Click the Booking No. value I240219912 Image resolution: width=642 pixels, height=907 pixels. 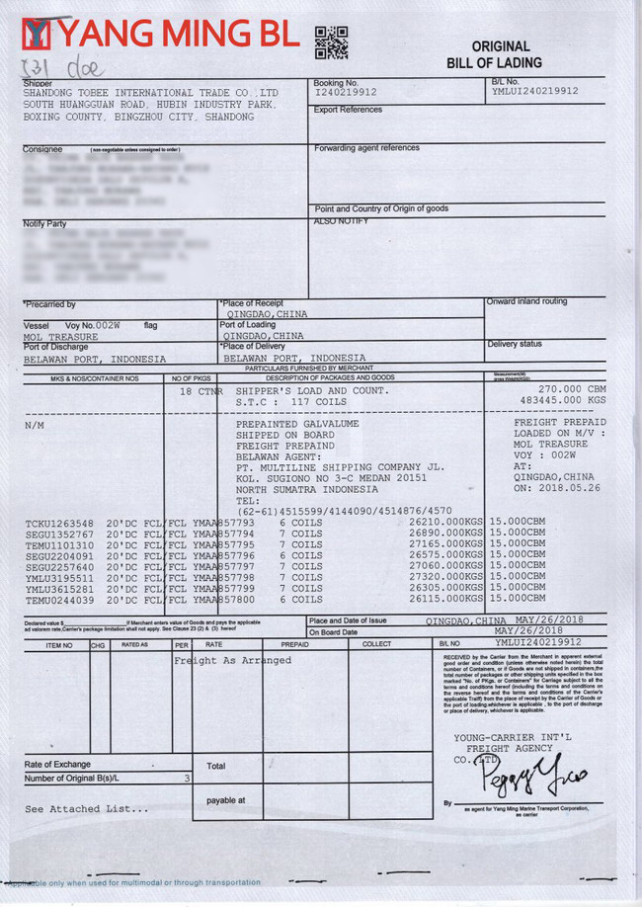[x=346, y=92]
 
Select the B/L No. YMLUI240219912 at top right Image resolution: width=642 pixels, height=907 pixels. [x=534, y=91]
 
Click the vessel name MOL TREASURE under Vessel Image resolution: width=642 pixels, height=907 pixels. [x=61, y=336]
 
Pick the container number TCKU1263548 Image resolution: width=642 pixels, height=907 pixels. [x=60, y=523]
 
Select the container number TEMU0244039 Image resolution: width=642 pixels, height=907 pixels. [x=60, y=600]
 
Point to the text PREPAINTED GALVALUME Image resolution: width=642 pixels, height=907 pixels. [x=297, y=424]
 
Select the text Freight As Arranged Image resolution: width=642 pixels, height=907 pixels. [x=233, y=660]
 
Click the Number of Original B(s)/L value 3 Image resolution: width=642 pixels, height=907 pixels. [x=187, y=778]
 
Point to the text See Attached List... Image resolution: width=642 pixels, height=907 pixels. [x=88, y=808]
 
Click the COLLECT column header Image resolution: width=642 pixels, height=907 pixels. [x=376, y=644]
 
